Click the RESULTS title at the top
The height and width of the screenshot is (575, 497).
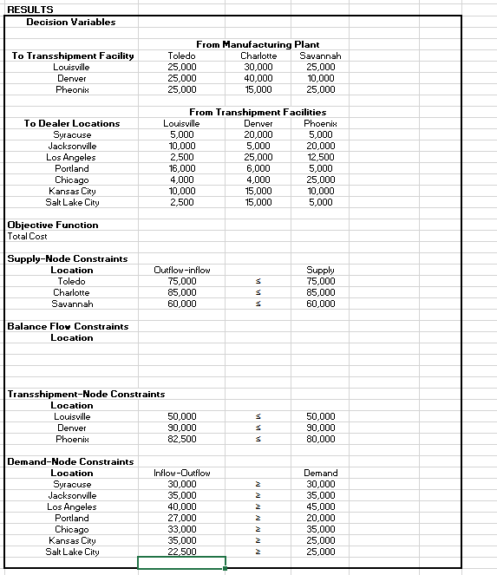[x=30, y=10]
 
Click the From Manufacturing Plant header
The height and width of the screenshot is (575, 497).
[x=258, y=44]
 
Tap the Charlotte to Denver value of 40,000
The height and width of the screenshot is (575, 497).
[x=258, y=78]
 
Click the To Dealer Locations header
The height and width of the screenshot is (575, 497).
[x=73, y=123]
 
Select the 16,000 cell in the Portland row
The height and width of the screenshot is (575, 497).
[x=181, y=168]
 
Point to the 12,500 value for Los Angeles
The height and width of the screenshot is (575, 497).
[x=319, y=157]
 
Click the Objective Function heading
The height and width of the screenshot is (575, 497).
[x=53, y=225]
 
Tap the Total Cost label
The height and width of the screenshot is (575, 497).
[x=28, y=236]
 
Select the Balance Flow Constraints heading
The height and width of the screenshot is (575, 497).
[x=68, y=326]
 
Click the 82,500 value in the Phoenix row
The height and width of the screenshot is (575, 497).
[x=181, y=439]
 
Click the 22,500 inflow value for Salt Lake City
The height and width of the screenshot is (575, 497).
[x=181, y=552]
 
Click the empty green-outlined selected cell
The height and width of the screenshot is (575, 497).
[x=181, y=563]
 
